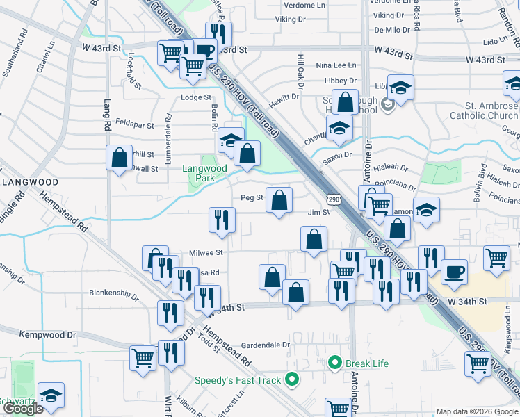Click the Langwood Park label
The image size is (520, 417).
point(205,173)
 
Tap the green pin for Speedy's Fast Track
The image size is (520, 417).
point(292,379)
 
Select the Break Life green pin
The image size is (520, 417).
point(334,363)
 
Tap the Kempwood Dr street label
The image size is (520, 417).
point(47,334)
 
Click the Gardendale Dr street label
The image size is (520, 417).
point(265,345)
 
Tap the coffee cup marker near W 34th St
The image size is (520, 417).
point(455,272)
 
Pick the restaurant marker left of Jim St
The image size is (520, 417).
point(222,220)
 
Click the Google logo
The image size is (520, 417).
point(23,409)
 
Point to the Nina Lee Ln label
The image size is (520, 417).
point(336,65)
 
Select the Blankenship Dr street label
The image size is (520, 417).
point(114,293)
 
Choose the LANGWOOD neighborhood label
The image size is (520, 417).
point(29,181)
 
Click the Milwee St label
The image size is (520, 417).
point(206,253)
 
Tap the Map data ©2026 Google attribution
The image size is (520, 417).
point(476,411)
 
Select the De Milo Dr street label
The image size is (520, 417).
point(393,30)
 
